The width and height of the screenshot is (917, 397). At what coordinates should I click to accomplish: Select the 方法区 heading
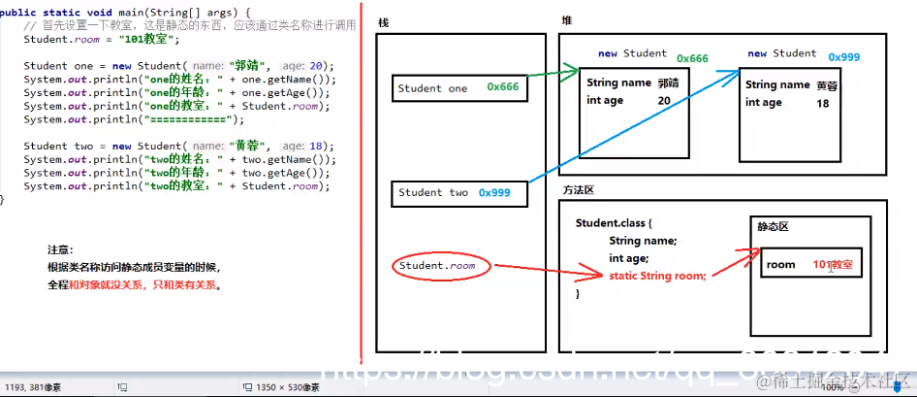(580, 191)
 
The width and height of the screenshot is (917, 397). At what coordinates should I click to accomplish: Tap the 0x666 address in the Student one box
(503, 87)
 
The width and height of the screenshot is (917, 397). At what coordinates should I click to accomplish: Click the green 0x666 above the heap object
(692, 58)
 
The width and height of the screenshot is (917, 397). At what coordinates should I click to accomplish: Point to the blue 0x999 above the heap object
(843, 57)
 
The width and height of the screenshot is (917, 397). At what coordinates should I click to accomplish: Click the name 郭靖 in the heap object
(669, 83)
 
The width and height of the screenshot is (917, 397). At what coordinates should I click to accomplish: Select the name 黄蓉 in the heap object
(827, 85)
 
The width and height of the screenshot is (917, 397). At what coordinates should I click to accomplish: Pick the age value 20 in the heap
(664, 101)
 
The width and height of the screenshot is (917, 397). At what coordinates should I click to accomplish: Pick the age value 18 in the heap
(823, 102)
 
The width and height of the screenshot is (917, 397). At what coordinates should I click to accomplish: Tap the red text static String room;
(657, 276)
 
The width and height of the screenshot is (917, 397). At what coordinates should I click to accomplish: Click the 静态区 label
(773, 226)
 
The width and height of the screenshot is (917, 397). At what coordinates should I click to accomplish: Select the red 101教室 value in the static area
(834, 264)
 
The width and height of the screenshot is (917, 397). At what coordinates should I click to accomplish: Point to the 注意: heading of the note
(60, 249)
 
